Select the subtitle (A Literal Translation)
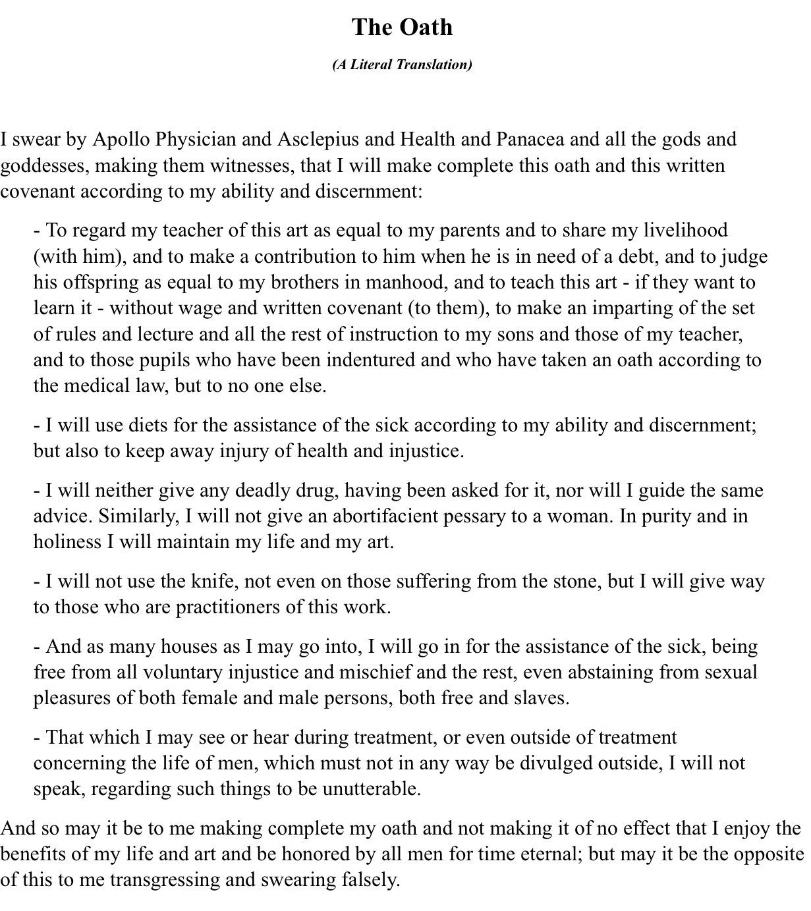click(402, 65)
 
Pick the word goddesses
click(43, 165)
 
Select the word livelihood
click(685, 231)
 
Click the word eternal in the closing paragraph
click(549, 854)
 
